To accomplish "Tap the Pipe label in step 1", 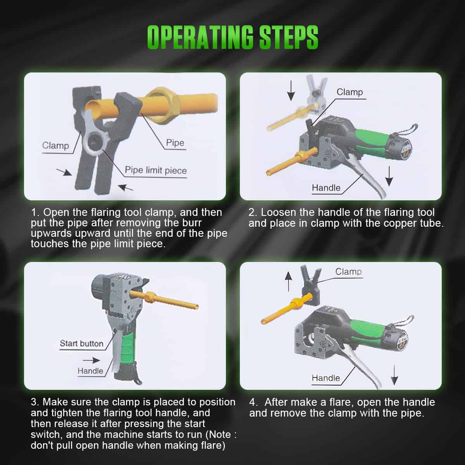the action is click(x=175, y=143).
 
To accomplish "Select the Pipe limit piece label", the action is click(x=156, y=170).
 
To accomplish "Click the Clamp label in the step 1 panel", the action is click(x=55, y=145).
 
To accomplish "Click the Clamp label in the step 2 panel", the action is click(x=350, y=92).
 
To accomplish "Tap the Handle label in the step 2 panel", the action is click(x=326, y=188).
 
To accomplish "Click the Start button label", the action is click(x=81, y=343).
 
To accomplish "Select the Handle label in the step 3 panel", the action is click(x=90, y=371).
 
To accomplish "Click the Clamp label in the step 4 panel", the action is click(x=348, y=272).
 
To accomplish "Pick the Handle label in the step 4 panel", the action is click(x=326, y=378).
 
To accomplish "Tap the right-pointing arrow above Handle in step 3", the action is click(x=91, y=360).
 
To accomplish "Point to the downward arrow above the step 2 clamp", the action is click(x=291, y=91).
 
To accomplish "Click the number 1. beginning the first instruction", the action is click(x=35, y=212).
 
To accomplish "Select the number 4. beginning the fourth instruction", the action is click(x=253, y=402).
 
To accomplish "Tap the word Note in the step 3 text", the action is click(x=219, y=434).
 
